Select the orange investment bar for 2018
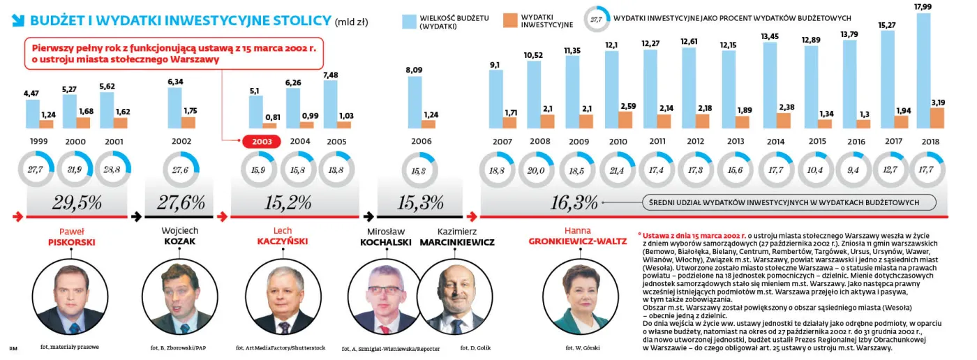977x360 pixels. [x=937, y=118]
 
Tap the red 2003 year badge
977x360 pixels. [x=261, y=142]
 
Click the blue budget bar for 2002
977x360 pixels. [x=175, y=107]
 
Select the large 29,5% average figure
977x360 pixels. [x=77, y=203]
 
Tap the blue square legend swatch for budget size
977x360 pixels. [x=409, y=22]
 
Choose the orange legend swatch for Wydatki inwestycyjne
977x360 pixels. [x=510, y=21]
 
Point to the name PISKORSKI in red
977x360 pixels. [x=71, y=242]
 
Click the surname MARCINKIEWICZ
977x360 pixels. [x=457, y=242]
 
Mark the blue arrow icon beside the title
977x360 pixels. [x=19, y=22]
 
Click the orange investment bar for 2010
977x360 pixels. [x=627, y=119]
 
